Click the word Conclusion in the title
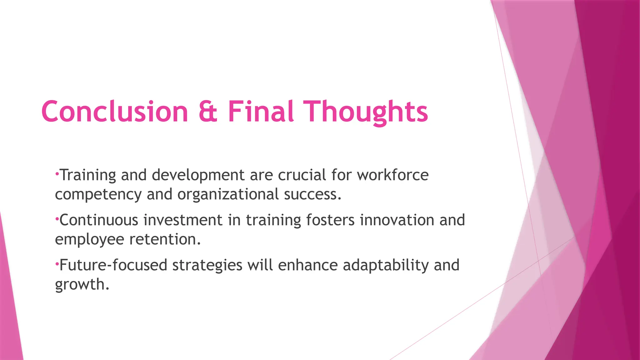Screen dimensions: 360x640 tap(114, 112)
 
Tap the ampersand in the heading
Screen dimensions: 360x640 tap(208, 112)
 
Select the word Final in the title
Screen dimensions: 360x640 tap(261, 112)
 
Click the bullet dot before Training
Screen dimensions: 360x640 tap(57, 173)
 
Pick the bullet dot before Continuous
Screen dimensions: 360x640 tap(57, 218)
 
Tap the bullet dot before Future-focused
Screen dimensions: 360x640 tap(57, 263)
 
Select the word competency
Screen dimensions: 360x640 tap(98, 195)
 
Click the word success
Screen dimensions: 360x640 tap(312, 194)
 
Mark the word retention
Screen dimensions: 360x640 tap(165, 239)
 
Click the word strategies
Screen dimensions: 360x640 tap(207, 265)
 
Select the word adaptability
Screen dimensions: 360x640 tap(386, 265)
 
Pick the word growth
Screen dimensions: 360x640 tap(82, 285)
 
